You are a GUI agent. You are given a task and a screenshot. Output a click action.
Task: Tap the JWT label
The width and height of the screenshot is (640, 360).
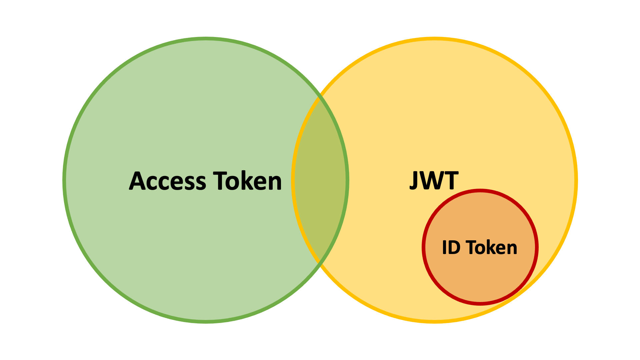click(434, 180)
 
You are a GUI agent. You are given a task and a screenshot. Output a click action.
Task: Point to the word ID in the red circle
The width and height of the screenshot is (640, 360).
click(451, 248)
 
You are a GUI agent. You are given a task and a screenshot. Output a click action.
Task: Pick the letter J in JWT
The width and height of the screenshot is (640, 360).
click(414, 180)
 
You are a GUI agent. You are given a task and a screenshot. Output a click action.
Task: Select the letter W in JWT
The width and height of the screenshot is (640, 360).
click(433, 180)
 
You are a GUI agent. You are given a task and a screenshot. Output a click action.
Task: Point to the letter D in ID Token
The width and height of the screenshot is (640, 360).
click(455, 248)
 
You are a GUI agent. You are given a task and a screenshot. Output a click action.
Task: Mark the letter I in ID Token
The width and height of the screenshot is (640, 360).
click(444, 248)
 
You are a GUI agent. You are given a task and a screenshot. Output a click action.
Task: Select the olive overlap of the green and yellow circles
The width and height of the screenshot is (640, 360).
click(320, 180)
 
